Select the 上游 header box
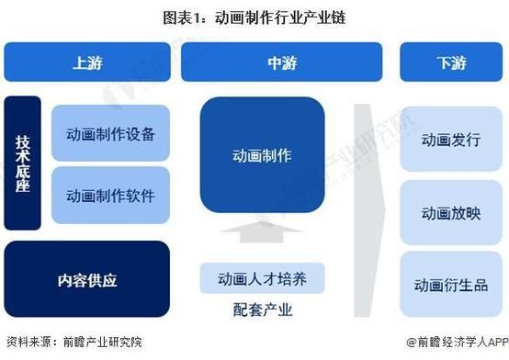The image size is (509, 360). (87, 62)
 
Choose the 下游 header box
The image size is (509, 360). (451, 62)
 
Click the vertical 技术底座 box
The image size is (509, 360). (23, 163)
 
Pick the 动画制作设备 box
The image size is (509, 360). (110, 133)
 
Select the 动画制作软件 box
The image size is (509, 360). (110, 196)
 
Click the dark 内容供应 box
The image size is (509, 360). (87, 279)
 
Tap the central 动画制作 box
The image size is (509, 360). (262, 155)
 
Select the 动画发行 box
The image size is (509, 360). (451, 139)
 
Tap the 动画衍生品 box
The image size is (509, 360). (451, 284)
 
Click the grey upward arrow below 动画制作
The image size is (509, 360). (262, 233)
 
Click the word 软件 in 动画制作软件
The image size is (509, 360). (141, 196)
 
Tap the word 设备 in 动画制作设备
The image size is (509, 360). (141, 133)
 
